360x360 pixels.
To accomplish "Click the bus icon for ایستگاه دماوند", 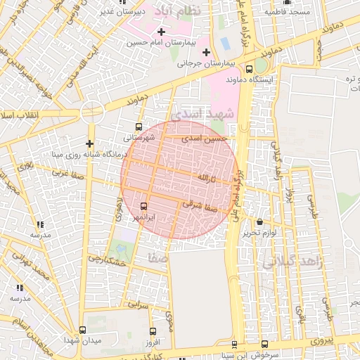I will tap(250, 69).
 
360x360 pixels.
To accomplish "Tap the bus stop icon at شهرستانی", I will tap(138, 128).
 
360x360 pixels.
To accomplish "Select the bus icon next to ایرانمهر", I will tap(144, 206).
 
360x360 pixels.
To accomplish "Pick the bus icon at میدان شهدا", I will tap(83, 330).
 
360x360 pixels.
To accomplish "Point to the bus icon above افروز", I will tap(153, 331).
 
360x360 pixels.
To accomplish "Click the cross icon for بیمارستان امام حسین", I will tap(162, 32).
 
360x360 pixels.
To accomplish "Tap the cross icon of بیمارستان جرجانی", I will tap(206, 52).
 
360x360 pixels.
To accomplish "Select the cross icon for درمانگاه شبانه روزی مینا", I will tap(89, 143).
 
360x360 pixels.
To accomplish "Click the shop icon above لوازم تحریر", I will tap(259, 221).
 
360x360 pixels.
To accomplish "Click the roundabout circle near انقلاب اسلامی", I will tap(91, 111).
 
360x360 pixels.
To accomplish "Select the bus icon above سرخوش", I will tap(264, 344).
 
